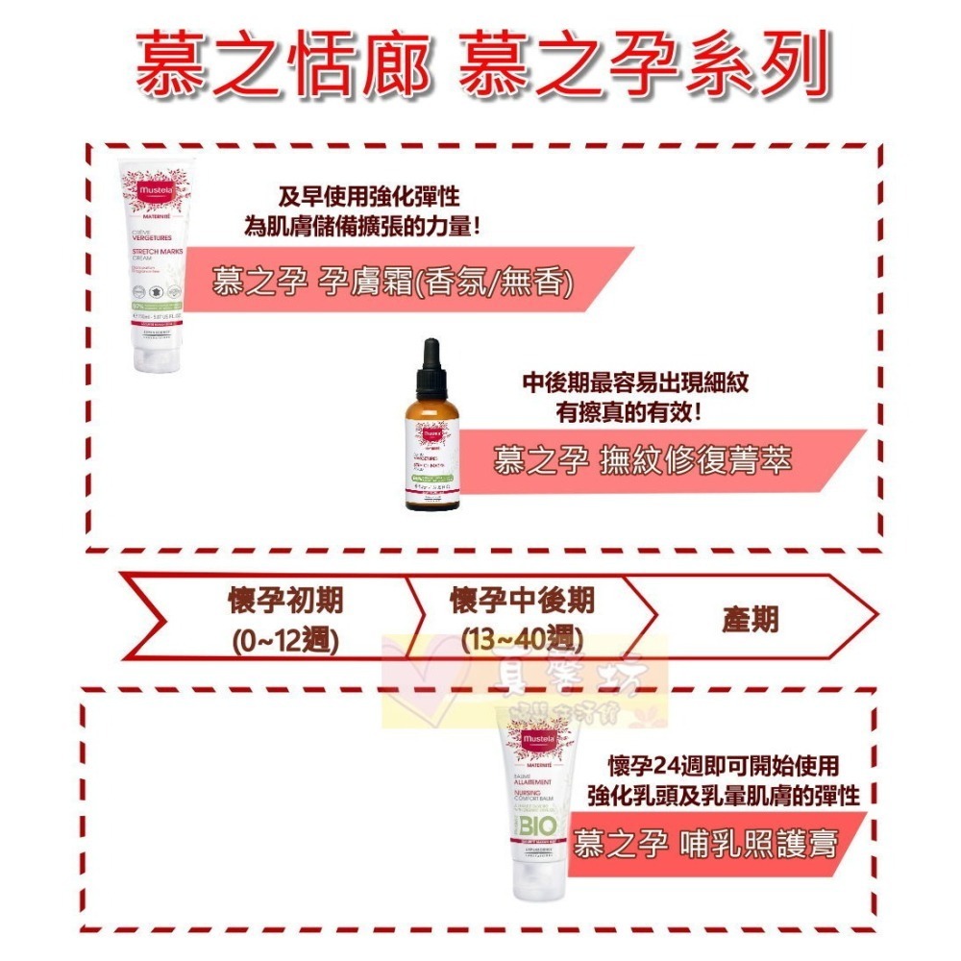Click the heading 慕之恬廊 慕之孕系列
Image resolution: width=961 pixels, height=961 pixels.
[480, 68]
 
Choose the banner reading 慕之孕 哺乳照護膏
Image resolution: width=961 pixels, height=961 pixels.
[705, 844]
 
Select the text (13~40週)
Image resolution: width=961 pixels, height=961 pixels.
[523, 638]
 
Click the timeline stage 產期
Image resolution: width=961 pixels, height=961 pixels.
[751, 620]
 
